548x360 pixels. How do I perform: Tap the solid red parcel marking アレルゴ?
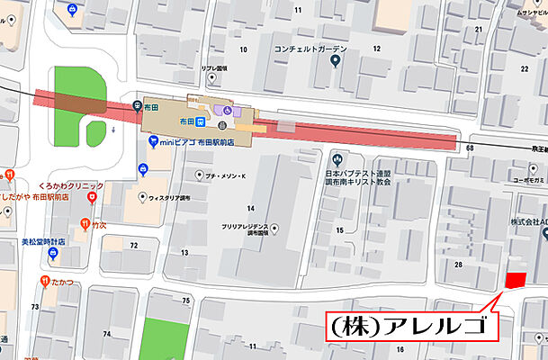[x=514, y=280]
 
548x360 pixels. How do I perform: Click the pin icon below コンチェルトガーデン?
[x=335, y=62]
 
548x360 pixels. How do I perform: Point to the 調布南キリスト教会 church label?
[x=358, y=181]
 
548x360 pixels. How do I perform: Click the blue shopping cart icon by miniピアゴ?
[x=154, y=140]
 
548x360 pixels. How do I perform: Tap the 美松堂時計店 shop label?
[x=46, y=242]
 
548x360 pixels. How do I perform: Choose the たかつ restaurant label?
[x=64, y=282]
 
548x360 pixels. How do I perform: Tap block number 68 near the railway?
[x=471, y=147]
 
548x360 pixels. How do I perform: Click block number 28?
[x=458, y=264]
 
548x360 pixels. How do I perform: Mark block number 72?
[x=134, y=245]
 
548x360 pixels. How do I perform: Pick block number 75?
[x=186, y=300]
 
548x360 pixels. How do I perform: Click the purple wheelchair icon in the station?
[x=228, y=110]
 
